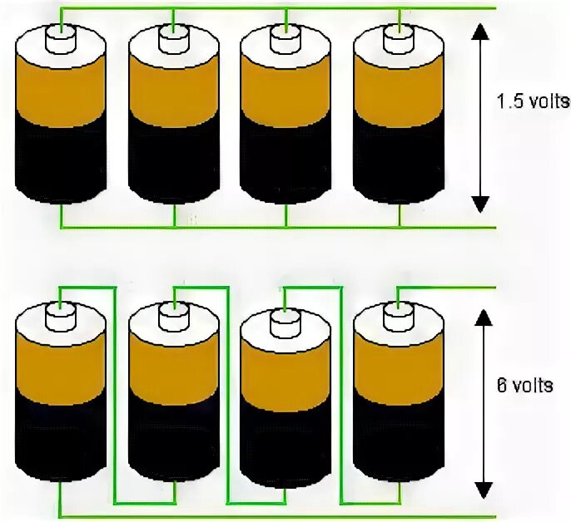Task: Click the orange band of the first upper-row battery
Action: [x=61, y=91]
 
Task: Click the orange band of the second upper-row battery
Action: [x=173, y=91]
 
